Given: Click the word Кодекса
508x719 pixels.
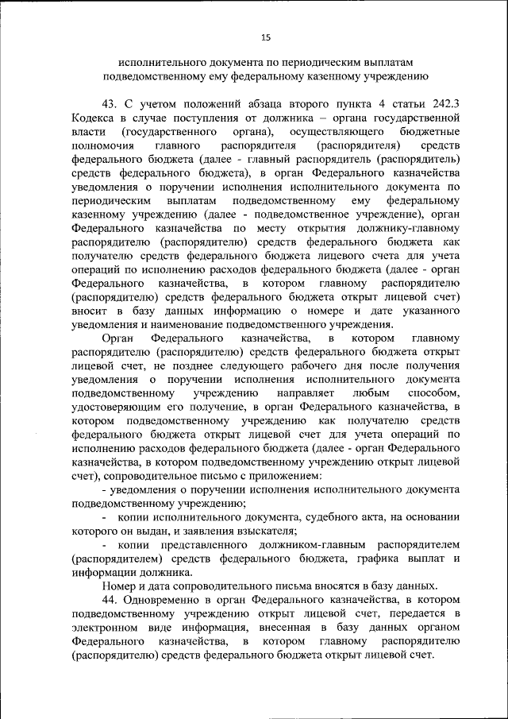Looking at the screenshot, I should (94, 118).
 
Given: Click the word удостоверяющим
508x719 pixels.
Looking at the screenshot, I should (114, 407).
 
